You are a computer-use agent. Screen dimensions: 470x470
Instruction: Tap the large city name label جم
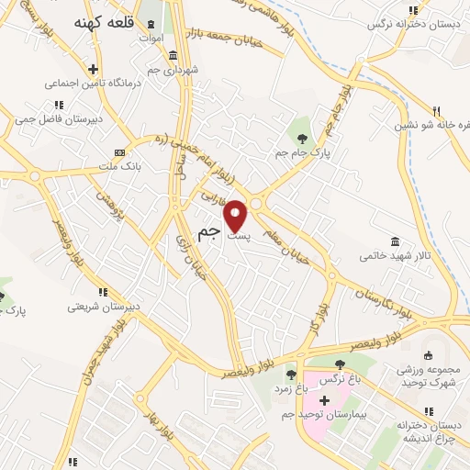pos(210,231)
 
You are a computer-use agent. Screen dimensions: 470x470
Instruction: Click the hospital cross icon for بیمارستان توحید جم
pos(323,400)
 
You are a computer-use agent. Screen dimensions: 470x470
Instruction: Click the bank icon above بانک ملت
pos(117,151)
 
